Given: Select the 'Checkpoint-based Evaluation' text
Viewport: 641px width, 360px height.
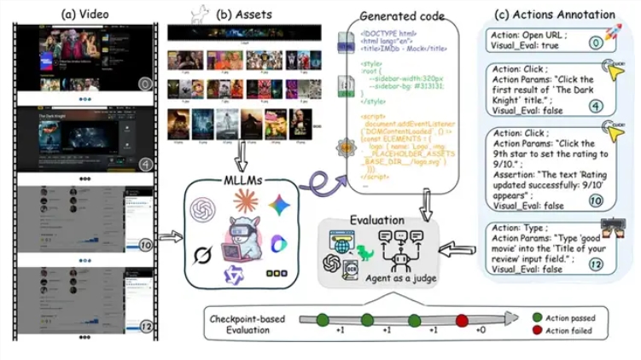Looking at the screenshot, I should pyautogui.click(x=246, y=323).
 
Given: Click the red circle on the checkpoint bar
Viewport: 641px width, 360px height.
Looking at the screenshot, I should pyautogui.click(x=462, y=320).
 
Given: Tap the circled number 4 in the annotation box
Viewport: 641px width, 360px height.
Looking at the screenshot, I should pyautogui.click(x=597, y=107).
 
